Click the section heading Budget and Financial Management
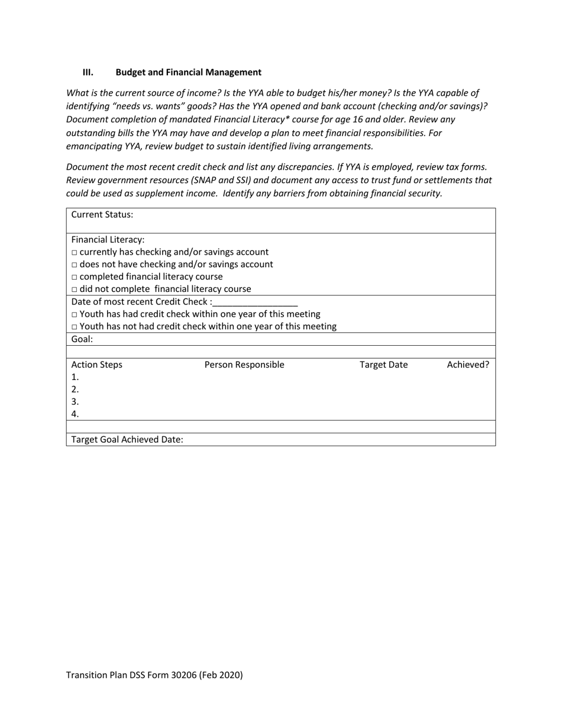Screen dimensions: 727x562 click(x=188, y=72)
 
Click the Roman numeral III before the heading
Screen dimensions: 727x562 click(x=88, y=72)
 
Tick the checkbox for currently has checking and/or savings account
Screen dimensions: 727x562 click(x=75, y=252)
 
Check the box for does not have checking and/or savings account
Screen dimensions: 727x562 click(x=75, y=265)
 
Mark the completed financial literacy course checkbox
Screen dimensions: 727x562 click(x=75, y=277)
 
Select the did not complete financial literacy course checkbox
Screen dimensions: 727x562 click(x=75, y=290)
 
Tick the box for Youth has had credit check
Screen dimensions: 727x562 click(x=75, y=314)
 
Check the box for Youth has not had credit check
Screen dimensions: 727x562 click(x=75, y=327)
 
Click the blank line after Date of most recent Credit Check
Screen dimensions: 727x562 click(x=256, y=302)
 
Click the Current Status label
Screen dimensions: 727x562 click(x=102, y=215)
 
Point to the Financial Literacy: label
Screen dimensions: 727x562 click(x=108, y=239)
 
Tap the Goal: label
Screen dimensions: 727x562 click(x=82, y=339)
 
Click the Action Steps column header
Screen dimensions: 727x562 click(x=97, y=365)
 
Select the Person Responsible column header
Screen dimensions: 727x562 click(x=244, y=365)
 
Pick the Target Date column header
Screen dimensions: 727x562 click(x=383, y=365)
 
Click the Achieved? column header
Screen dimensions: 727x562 click(x=467, y=365)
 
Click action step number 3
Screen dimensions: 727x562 click(x=75, y=402)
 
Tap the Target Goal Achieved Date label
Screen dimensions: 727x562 click(x=127, y=439)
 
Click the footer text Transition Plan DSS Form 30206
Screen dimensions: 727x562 click(x=154, y=675)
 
